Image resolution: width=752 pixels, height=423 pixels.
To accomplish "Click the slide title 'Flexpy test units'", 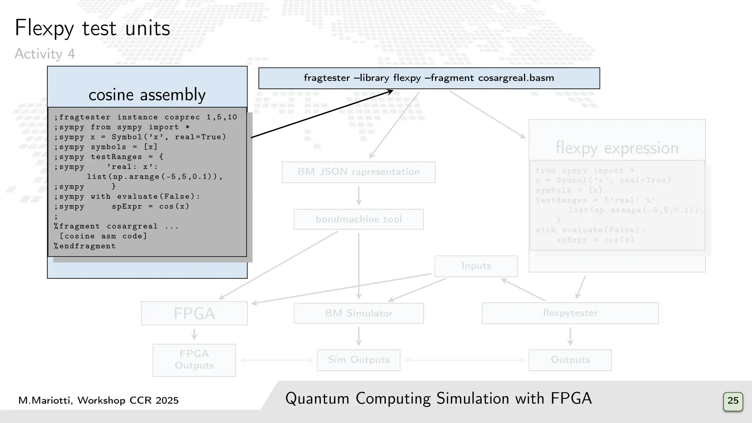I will point(92,28).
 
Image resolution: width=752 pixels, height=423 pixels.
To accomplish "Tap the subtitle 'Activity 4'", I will point(45,54).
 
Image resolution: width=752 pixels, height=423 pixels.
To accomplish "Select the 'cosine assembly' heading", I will point(147,95).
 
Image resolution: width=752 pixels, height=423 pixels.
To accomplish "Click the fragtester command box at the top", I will point(429,78).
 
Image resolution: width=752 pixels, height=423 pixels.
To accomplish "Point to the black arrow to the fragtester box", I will point(322,114).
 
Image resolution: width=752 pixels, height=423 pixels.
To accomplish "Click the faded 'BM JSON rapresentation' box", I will point(359,172).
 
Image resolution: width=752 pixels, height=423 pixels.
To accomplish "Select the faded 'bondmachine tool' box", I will point(359,219).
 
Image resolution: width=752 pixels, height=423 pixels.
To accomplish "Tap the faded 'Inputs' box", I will point(476,266).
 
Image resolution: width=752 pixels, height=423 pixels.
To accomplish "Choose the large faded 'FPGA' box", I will point(194,313).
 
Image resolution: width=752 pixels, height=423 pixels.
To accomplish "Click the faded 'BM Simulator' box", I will point(359,313).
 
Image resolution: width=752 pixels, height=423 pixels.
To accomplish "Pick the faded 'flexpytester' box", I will point(570,313).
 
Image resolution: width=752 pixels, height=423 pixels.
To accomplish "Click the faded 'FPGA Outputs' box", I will point(194,360).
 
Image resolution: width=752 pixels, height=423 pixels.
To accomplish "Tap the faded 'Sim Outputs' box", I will point(359,360).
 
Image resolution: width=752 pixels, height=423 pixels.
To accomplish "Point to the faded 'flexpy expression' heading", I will point(617,148).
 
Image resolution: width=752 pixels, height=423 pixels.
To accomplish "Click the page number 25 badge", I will point(733,401).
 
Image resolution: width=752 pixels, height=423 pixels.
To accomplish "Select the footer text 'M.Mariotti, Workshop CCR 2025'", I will point(98,400).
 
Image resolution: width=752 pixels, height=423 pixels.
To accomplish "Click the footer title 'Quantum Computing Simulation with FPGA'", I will point(438,399).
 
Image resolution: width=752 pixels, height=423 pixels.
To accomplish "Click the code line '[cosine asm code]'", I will point(103,236).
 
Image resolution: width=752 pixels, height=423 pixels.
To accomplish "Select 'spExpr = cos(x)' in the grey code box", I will point(151,207).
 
